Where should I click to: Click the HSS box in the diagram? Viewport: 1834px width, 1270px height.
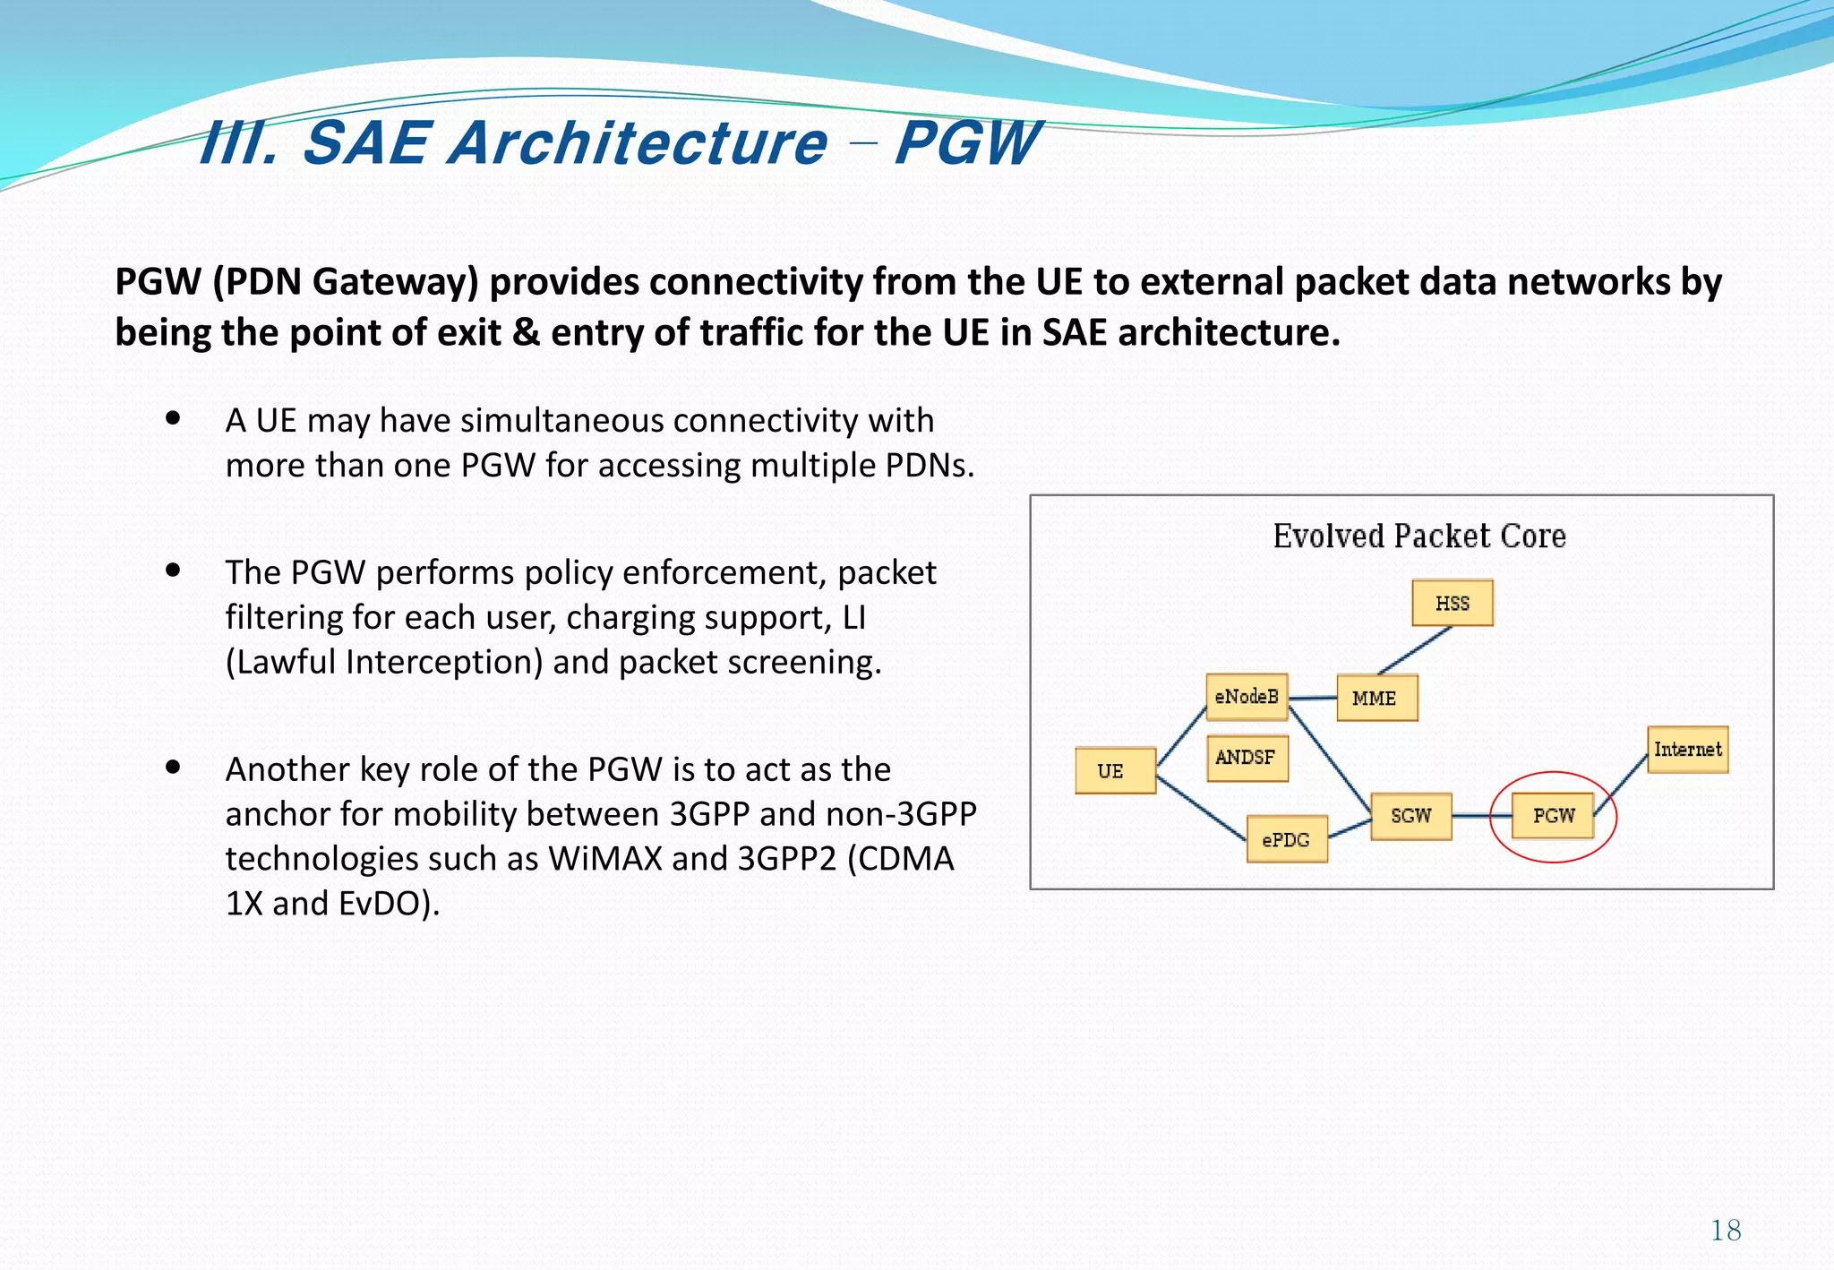coord(1452,603)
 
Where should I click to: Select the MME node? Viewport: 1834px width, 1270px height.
coord(1376,698)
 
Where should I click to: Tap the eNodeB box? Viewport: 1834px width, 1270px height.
coord(1247,697)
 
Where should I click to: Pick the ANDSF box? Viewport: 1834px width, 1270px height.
coord(1247,758)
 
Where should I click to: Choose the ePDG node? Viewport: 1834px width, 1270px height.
coord(1287,839)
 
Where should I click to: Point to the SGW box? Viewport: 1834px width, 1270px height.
coord(1410,815)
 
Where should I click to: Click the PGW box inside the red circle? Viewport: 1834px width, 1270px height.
coord(1553,815)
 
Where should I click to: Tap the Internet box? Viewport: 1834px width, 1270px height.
coord(1687,749)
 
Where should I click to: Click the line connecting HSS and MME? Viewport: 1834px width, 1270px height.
coord(1415,650)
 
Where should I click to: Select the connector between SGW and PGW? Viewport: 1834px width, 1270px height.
coord(1481,816)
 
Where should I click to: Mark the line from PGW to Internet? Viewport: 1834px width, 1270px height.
coord(1622,784)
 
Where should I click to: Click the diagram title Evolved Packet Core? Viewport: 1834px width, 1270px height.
coord(1419,536)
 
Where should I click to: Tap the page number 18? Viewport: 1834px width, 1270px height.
coord(1726,1230)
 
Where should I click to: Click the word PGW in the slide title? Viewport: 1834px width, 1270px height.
coord(967,143)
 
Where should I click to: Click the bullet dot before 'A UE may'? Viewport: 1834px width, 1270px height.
coord(174,417)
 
